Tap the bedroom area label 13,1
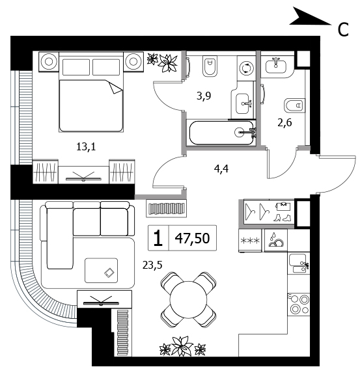click(86, 147)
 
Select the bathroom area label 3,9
click(204, 96)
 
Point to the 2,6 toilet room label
click(284, 123)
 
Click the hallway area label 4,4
click(221, 169)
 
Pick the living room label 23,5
click(152, 265)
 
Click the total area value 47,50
click(192, 238)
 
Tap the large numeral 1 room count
click(158, 238)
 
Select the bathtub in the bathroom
click(221, 133)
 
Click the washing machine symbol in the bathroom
click(245, 68)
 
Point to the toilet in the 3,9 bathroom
click(210, 66)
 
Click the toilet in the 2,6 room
click(294, 105)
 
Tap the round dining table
click(188, 300)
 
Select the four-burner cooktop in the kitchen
click(299, 305)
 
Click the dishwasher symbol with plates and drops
click(276, 240)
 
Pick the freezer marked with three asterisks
click(251, 241)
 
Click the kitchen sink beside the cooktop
click(299, 263)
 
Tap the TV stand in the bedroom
click(83, 174)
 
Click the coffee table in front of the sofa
click(101, 270)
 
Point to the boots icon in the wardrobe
click(282, 217)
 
